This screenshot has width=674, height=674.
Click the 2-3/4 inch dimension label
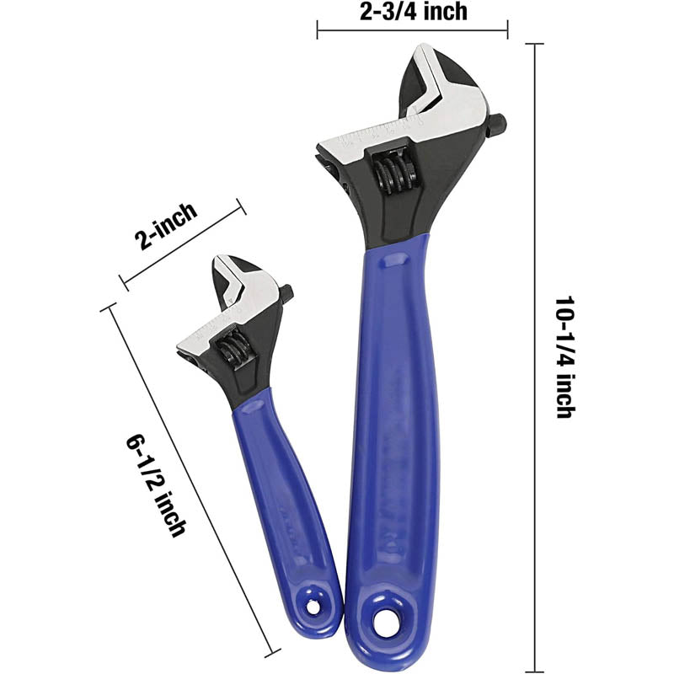(414, 11)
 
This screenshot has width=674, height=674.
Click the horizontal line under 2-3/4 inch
(413, 31)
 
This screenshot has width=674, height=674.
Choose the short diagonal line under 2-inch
(182, 243)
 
